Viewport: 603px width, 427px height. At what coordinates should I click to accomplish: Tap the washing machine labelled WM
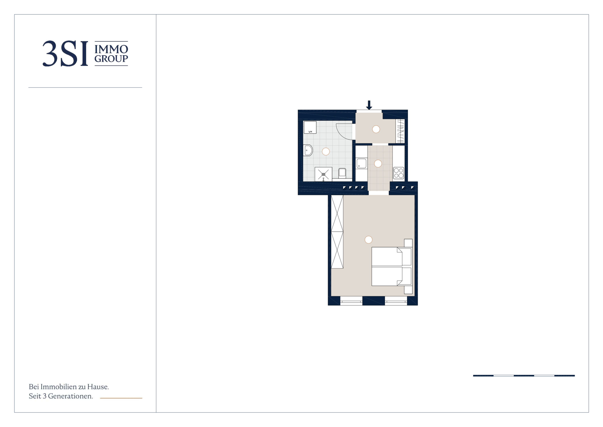pos(310,127)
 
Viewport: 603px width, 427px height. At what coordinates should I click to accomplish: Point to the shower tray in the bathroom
pos(323,174)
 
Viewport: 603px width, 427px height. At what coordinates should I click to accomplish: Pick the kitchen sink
pos(361,163)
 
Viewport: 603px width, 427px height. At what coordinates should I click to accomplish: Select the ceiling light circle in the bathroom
pos(326,152)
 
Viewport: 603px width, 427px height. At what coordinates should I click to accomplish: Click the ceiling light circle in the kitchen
pos(378,164)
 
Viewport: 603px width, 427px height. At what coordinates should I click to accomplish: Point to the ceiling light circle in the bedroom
pos(369,240)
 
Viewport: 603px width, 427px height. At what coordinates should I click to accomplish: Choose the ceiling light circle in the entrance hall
pos(376,129)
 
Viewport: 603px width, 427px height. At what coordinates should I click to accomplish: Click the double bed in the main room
pos(392,266)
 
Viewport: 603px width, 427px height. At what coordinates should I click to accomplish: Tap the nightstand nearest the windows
pos(408,290)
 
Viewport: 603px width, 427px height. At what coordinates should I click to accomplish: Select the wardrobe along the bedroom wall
pos(337,232)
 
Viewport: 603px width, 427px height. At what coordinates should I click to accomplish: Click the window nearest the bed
pos(396,301)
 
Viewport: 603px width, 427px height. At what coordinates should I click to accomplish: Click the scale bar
pos(524,376)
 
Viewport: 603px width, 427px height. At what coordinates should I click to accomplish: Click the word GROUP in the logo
pos(111,59)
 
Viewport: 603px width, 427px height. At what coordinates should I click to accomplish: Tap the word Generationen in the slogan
pos(70,396)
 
